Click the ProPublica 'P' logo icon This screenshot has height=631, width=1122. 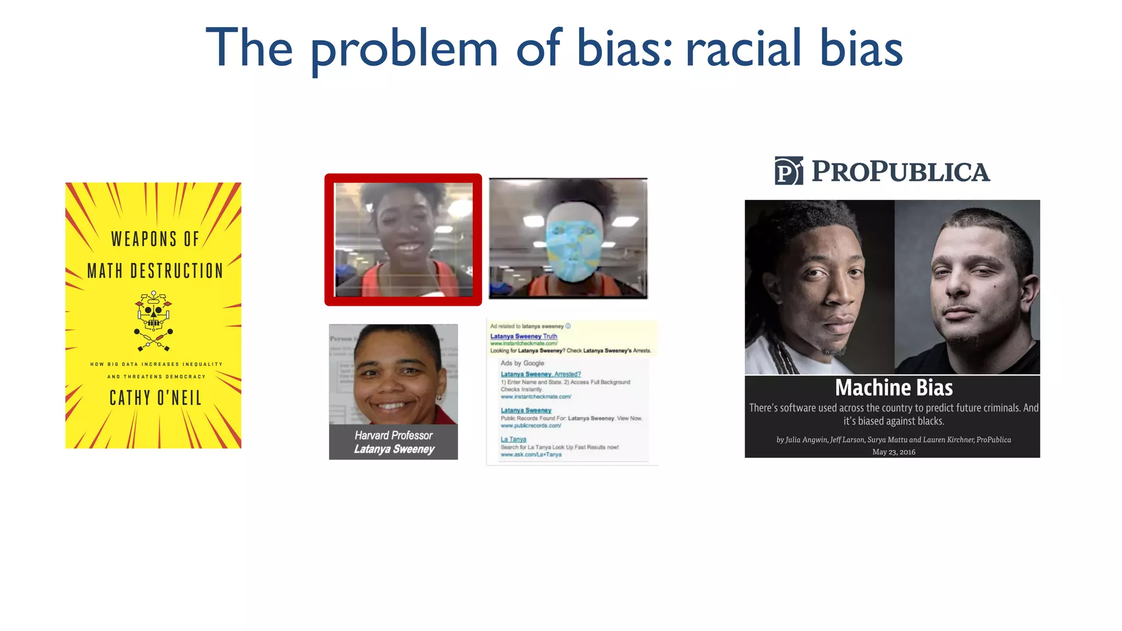point(788,171)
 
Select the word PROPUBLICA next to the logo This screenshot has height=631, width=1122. point(901,171)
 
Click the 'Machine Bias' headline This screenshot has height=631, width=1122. point(894,388)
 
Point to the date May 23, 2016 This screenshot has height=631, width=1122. point(894,452)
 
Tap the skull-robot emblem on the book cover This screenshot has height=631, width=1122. point(153,321)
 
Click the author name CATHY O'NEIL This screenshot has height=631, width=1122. point(156,398)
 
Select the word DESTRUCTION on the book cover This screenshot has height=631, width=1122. point(176,271)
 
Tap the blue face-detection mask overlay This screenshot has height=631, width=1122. point(571,250)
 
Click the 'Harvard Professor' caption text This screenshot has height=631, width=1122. point(393,435)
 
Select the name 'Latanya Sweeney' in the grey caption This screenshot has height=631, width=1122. point(394,449)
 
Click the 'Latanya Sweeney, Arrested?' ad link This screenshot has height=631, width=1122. point(540,374)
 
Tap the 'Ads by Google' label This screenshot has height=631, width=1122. point(522,363)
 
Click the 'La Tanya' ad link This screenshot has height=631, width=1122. point(513,439)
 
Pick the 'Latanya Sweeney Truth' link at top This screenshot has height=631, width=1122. point(523,336)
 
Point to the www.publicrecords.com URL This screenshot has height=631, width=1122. point(530,426)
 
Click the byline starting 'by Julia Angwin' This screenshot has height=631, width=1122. point(893,440)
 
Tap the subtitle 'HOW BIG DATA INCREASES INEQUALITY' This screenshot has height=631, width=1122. point(156,364)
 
